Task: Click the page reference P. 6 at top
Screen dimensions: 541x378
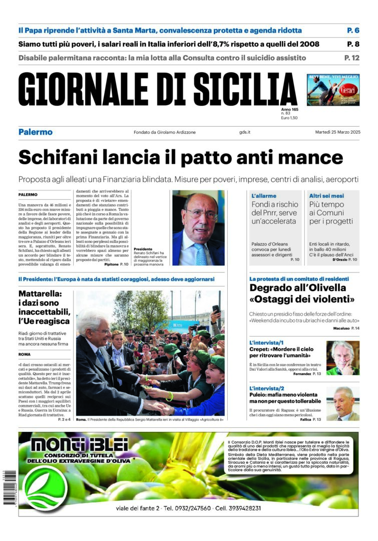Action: [x=353, y=30]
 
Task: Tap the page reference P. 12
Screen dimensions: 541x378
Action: [x=351, y=58]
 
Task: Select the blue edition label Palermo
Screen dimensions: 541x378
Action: [x=35, y=132]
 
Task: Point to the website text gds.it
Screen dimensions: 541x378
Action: [x=245, y=132]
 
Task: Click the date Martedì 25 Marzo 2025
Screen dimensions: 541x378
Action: [x=337, y=132]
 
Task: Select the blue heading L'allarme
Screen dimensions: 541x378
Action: [x=264, y=196]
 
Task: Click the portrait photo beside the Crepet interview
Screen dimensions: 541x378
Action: [x=342, y=358]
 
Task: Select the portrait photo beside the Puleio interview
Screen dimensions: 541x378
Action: [x=342, y=403]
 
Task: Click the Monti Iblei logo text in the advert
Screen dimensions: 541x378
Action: [x=79, y=444]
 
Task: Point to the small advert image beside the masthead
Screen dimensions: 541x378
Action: [x=332, y=90]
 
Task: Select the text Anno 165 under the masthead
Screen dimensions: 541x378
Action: [x=289, y=109]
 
